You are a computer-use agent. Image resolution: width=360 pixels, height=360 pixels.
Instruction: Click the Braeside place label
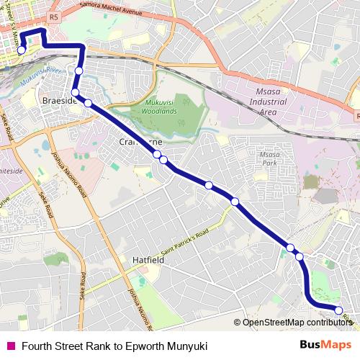pyautogui.click(x=58, y=100)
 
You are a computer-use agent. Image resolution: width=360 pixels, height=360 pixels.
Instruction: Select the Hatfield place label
pyautogui.click(x=149, y=259)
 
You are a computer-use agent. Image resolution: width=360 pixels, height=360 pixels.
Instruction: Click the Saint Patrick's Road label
pyautogui.click(x=184, y=242)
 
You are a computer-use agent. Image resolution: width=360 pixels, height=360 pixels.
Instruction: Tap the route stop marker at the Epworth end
pyautogui.click(x=338, y=310)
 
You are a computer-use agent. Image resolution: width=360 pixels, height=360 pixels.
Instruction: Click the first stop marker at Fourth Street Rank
pyautogui.click(x=22, y=50)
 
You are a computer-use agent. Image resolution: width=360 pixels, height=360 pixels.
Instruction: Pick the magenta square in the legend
pyautogui.click(x=9, y=345)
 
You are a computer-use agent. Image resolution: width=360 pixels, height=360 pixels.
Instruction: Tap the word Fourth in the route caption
pyautogui.click(x=38, y=345)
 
